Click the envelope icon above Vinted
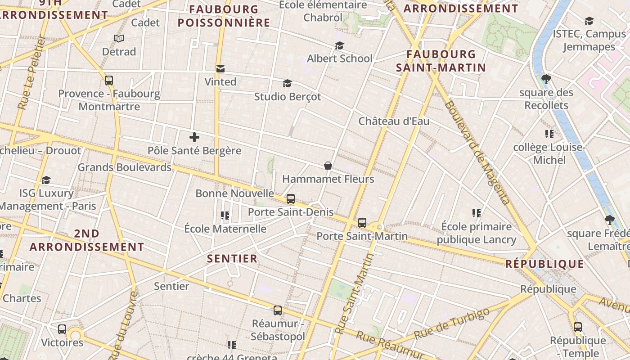(220, 69)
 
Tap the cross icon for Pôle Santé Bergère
(194, 137)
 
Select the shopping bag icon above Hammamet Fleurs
(328, 166)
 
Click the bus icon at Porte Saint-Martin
(362, 222)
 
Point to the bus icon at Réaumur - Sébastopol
(278, 310)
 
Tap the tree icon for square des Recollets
(546, 79)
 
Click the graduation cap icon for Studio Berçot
(287, 83)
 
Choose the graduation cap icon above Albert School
(339, 45)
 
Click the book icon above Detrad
(119, 39)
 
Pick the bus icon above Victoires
(62, 329)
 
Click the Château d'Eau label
(394, 121)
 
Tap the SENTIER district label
(232, 259)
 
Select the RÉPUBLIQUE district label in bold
(544, 264)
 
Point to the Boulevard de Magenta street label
(477, 153)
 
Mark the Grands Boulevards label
(125, 167)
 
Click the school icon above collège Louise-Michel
(549, 134)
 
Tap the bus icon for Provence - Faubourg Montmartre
(109, 81)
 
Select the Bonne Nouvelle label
(234, 193)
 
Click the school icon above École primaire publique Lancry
(477, 213)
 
